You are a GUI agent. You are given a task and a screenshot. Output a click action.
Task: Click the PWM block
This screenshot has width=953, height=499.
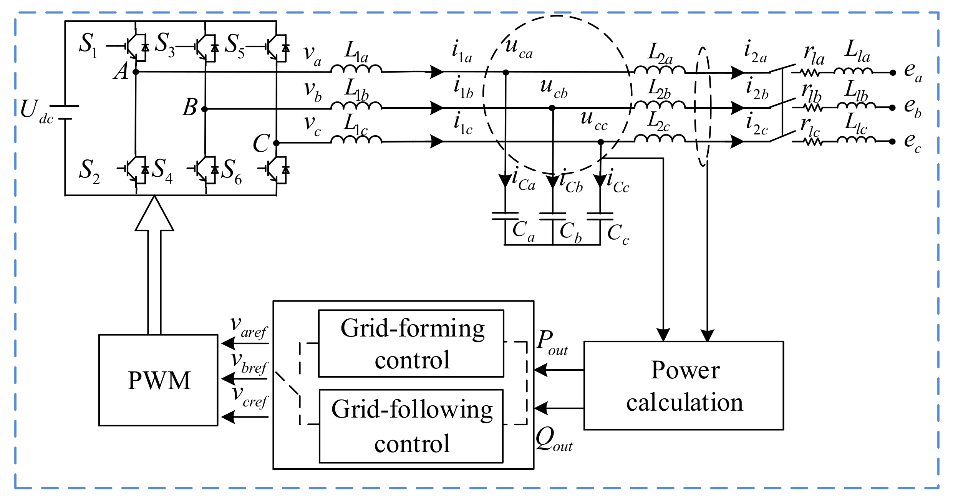point(158,380)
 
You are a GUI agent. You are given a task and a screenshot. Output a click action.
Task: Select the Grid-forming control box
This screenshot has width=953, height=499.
point(411,343)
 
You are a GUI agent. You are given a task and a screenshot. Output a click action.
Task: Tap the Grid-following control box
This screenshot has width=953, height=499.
point(411,426)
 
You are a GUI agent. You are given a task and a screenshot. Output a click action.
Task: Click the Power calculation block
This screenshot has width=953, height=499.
point(683,385)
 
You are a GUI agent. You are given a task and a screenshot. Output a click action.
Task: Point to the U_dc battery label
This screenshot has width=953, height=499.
point(36,111)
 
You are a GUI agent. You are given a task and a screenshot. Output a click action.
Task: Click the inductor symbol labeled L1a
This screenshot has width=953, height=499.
point(356,69)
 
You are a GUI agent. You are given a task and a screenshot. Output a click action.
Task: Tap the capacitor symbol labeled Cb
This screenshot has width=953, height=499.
point(552,216)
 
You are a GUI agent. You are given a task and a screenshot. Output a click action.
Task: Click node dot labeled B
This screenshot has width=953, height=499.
point(204,109)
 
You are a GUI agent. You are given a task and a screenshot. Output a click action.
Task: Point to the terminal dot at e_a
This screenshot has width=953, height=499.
point(893,72)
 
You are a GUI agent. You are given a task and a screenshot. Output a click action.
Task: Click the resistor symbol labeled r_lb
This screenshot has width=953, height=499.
point(812,108)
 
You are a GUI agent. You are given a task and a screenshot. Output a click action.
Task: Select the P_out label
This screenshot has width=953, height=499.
point(551,342)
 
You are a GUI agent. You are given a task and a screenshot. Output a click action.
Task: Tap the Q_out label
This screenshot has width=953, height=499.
point(553,440)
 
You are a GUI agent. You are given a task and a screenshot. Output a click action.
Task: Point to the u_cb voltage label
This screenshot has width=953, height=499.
point(553,88)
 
